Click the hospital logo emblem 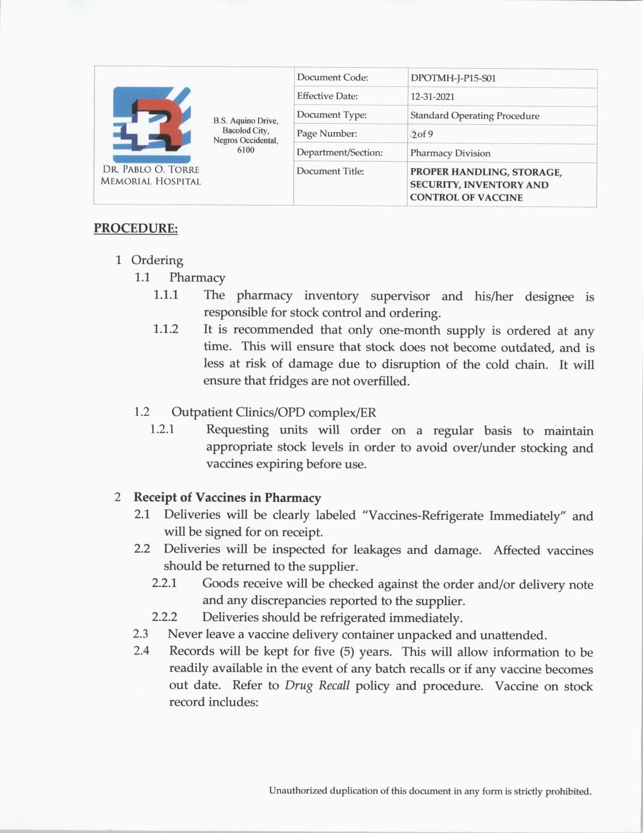152,124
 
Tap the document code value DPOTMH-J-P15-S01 453,78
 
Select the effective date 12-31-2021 432,97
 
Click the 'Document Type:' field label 332,115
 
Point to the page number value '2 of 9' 422,134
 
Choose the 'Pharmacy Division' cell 450,153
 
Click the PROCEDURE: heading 136,228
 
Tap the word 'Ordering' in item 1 157,261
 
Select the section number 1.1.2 166,329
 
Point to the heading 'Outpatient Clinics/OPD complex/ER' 273,412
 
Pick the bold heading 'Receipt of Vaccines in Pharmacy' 227,498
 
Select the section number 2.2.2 164,617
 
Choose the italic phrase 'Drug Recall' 317,686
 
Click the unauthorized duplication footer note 430,791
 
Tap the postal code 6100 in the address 246,150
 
